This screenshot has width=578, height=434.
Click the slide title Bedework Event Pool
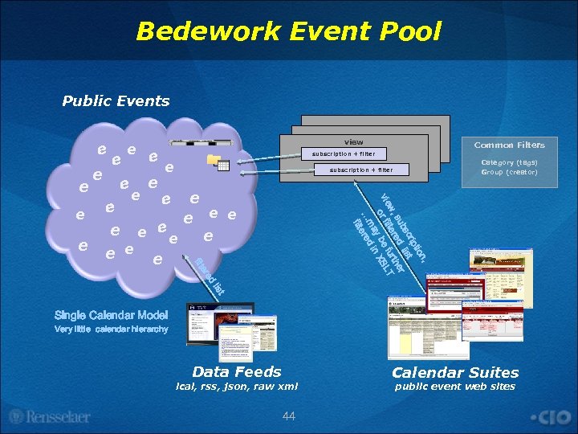(289, 31)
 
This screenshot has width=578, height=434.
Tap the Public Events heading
(116, 101)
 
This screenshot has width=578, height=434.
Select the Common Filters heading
(509, 145)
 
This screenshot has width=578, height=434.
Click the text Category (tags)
(509, 162)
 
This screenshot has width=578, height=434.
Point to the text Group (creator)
(509, 172)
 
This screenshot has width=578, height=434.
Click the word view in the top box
(353, 142)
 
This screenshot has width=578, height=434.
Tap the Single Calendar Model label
(112, 315)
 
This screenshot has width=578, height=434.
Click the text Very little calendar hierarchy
(112, 330)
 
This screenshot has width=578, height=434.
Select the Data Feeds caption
(237, 371)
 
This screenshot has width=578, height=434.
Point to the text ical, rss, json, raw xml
(237, 387)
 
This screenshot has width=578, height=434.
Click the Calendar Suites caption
(455, 372)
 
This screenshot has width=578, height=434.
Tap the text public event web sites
(455, 387)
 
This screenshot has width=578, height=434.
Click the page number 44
(289, 415)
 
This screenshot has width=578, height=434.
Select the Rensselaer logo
(50, 417)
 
